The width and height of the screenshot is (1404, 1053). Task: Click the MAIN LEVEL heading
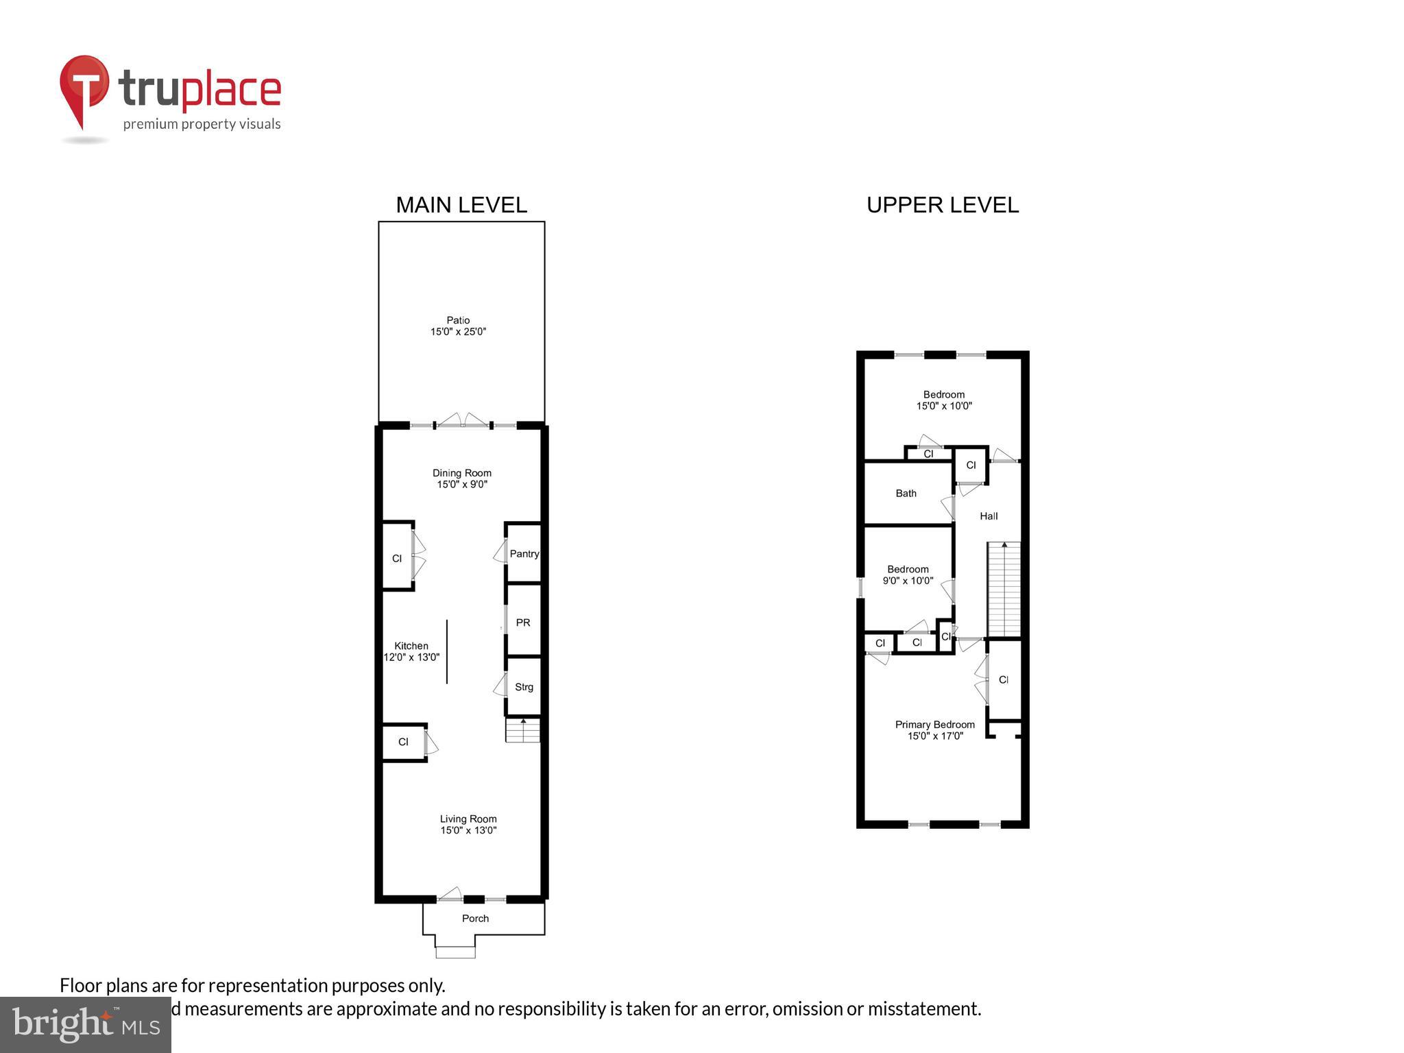tap(461, 205)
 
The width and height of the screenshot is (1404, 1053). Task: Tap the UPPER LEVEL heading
tap(943, 205)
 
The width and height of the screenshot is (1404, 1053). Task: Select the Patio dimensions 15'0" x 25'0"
tap(458, 332)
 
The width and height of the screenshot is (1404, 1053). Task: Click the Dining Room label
tap(461, 473)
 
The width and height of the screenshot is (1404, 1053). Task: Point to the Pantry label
tap(524, 554)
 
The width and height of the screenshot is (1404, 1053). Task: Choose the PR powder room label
tap(523, 622)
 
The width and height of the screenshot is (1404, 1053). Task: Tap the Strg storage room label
tap(524, 687)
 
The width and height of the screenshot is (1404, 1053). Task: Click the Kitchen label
tap(411, 646)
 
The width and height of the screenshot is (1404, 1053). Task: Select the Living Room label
tap(468, 819)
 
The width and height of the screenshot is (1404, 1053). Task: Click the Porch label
tap(475, 919)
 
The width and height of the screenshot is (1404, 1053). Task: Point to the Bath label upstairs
tap(906, 493)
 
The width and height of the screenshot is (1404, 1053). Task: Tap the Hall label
tap(989, 516)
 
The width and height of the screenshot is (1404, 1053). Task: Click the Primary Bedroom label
tap(935, 725)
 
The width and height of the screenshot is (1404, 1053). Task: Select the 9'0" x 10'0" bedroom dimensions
tap(908, 581)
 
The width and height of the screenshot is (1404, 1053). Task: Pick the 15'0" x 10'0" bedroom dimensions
tap(944, 406)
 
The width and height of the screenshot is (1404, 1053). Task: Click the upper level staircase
tap(1004, 590)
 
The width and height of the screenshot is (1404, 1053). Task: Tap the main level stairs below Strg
tap(523, 730)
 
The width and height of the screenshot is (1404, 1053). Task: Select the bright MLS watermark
tap(86, 1024)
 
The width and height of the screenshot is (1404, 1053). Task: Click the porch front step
tap(455, 952)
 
